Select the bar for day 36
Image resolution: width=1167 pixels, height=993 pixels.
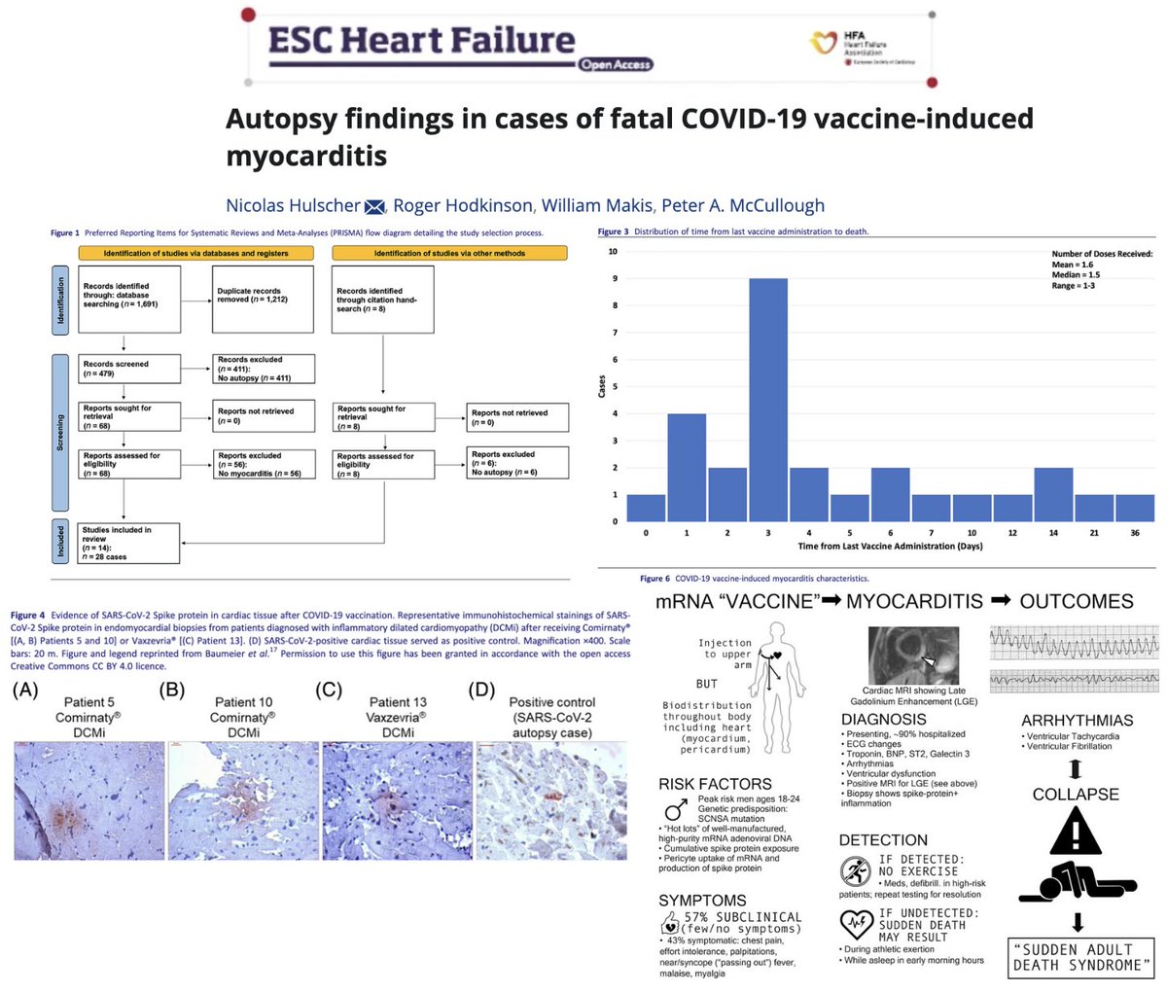click(x=1135, y=508)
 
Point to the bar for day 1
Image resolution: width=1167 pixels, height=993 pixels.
click(x=686, y=468)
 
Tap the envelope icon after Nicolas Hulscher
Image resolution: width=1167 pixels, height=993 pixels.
click(x=374, y=206)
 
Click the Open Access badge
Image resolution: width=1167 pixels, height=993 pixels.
click(x=616, y=65)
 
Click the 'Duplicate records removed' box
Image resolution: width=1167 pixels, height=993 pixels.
click(x=263, y=299)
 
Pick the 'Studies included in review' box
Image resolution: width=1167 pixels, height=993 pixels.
click(x=128, y=543)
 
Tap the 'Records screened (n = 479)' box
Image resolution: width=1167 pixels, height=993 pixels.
click(x=128, y=368)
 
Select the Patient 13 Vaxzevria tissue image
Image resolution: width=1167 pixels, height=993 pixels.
click(x=398, y=799)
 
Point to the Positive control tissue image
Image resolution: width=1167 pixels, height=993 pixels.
click(x=551, y=799)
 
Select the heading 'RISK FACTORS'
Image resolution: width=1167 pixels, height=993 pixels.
click(x=715, y=784)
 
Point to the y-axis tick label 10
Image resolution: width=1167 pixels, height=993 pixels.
click(x=613, y=252)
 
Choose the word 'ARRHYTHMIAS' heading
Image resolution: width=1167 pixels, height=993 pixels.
click(x=1077, y=721)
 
